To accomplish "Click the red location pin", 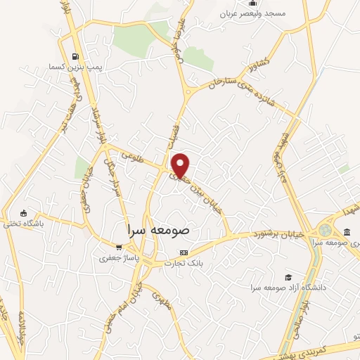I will point(181,164).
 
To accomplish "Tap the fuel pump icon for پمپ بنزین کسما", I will point(75,56).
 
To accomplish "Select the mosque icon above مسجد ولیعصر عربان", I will point(253,3).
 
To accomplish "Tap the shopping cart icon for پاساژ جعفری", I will point(119,247).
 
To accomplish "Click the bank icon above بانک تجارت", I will point(184,252).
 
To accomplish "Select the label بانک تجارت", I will point(184,264).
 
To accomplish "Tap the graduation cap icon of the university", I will point(288,277).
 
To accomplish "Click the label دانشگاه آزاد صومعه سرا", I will point(288,288).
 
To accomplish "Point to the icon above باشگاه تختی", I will point(24,214).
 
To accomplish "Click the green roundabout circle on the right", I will point(326,230).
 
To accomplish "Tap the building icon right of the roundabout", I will point(348,232).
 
